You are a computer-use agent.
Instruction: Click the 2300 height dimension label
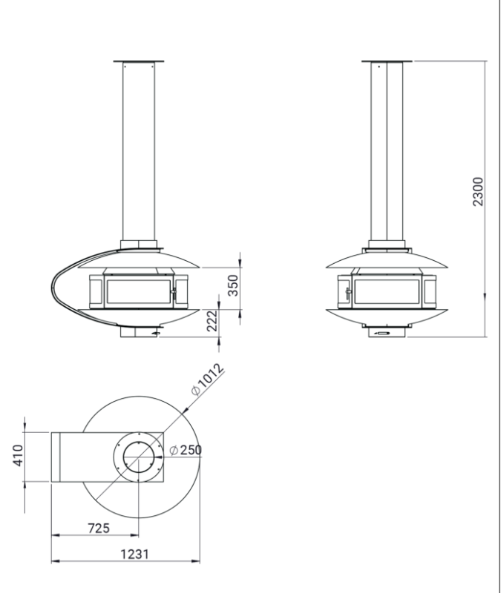click(x=478, y=191)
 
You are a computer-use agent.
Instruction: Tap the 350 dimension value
click(x=234, y=285)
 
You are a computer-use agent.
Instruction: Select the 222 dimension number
click(x=212, y=321)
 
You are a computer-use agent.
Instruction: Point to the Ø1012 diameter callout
click(x=208, y=379)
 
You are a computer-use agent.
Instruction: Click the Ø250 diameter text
click(x=186, y=450)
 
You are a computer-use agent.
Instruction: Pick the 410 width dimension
click(x=18, y=455)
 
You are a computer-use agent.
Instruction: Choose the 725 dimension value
click(x=99, y=528)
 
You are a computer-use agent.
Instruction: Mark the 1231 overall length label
click(x=135, y=554)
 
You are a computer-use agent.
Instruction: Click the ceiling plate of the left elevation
click(x=139, y=61)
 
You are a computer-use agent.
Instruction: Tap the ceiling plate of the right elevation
click(x=387, y=61)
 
